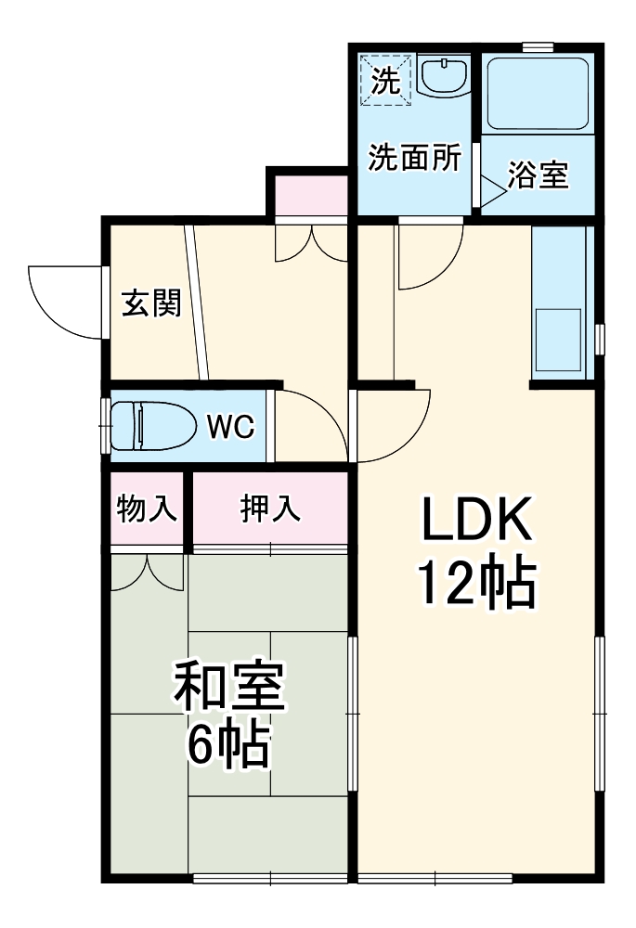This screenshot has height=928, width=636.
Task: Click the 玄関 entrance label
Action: [x=151, y=303]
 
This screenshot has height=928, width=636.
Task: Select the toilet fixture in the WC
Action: [x=154, y=426]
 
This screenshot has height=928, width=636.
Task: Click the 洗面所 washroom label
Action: [x=414, y=159]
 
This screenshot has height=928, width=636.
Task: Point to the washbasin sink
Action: [x=445, y=76]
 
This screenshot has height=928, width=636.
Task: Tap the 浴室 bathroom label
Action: [x=539, y=175]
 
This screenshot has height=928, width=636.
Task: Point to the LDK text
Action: [x=477, y=522]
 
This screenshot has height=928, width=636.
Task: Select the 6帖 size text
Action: [x=228, y=744]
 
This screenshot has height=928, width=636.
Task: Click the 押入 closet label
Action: [x=271, y=509]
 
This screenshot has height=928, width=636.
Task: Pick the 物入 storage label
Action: [x=147, y=509]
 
